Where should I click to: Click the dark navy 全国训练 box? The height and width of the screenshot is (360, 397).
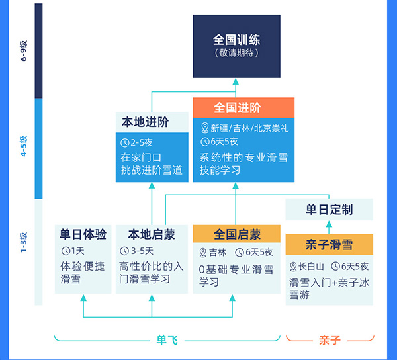(x=236, y=45)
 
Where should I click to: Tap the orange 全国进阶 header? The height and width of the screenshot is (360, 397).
(x=236, y=107)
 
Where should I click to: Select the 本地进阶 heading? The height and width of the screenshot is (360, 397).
(x=145, y=122)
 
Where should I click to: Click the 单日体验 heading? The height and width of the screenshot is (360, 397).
(x=83, y=234)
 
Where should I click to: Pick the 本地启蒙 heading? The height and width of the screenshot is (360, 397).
(x=151, y=234)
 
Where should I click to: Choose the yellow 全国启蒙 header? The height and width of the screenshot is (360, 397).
(x=236, y=234)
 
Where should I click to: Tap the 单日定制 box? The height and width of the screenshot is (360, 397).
(x=329, y=210)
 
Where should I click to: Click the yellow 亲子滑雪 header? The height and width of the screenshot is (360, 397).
(x=329, y=244)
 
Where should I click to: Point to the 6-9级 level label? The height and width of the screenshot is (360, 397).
(x=24, y=50)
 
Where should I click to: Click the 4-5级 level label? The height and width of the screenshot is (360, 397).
(x=24, y=147)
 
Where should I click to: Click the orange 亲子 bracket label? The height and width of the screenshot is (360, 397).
(x=329, y=340)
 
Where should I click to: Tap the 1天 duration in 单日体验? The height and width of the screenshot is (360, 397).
(x=77, y=251)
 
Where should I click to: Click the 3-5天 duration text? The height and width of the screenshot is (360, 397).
(x=143, y=251)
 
